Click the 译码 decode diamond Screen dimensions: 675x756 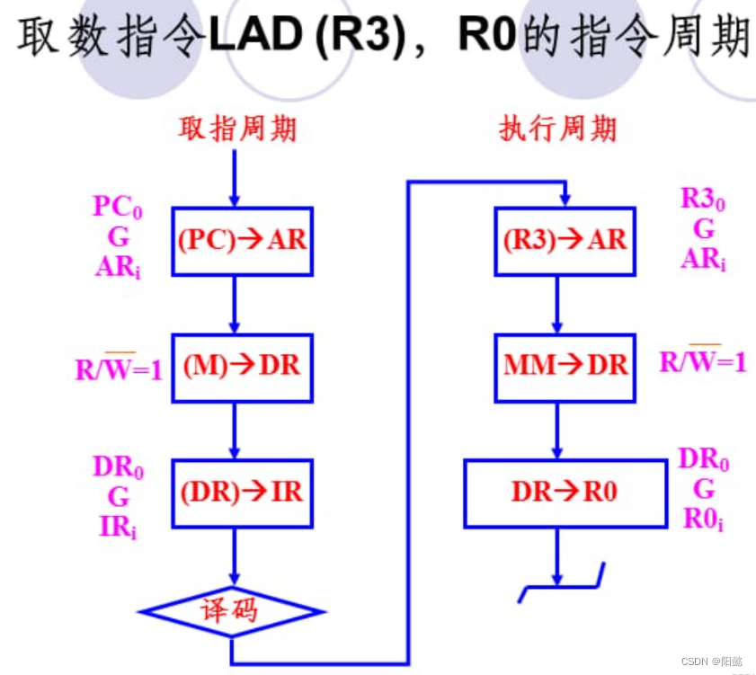[232, 611]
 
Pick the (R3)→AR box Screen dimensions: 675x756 [565, 241]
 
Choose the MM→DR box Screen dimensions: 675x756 [565, 366]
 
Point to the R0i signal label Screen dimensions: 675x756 [704, 520]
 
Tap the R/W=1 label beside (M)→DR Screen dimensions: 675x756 [119, 368]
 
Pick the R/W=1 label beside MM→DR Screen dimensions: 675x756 [703, 361]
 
